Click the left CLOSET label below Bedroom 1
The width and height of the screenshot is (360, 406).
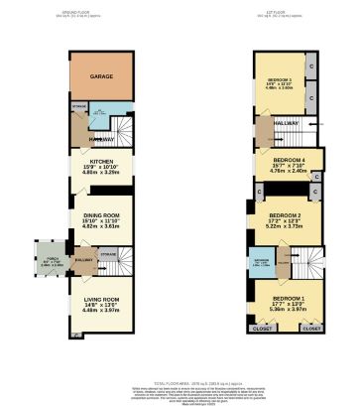pyautogui.click(x=262, y=327)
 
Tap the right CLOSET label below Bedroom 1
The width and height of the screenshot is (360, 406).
pyautogui.click(x=311, y=327)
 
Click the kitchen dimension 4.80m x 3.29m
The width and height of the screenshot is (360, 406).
pyautogui.click(x=99, y=172)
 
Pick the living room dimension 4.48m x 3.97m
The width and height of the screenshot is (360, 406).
pyautogui.click(x=99, y=311)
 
